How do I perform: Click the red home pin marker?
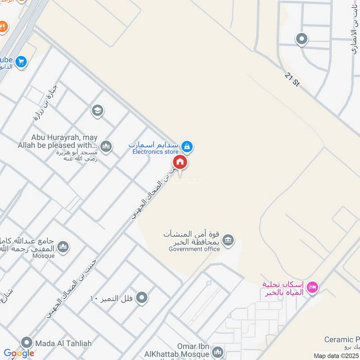(x=180, y=162)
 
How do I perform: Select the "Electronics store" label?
(x=155, y=152)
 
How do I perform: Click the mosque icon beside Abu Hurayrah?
(x=106, y=145)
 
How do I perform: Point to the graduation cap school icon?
(x=97, y=110)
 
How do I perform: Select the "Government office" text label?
(x=194, y=249)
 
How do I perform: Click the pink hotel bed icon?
(x=313, y=286)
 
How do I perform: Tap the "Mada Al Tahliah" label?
(x=64, y=343)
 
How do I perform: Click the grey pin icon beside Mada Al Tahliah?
(x=27, y=343)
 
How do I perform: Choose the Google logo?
(x=19, y=354)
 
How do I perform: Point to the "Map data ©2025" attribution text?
(x=335, y=356)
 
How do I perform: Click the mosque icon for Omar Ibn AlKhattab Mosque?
(x=218, y=351)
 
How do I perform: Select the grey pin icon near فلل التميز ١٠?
(x=142, y=297)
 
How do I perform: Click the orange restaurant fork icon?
(x=3, y=27)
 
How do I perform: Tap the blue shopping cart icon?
(x=21, y=62)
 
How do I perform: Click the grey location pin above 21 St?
(x=301, y=39)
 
